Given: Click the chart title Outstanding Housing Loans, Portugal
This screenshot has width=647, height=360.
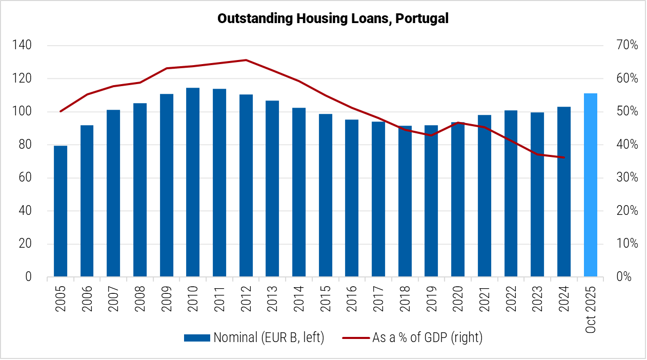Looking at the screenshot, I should [x=333, y=18].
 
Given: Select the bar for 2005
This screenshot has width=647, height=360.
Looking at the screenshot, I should [x=60, y=211].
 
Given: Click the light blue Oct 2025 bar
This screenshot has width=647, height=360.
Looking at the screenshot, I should [x=591, y=185].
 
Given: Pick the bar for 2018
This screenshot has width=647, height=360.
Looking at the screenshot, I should [x=405, y=201].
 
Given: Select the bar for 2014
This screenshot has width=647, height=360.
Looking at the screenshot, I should [x=299, y=192].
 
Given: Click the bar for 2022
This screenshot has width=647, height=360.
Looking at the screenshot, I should [x=511, y=193].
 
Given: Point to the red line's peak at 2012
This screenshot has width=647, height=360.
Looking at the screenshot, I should [x=246, y=60].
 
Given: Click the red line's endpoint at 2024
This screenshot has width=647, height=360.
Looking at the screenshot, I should [x=564, y=157].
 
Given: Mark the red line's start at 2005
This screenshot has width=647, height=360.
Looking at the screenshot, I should [x=60, y=111].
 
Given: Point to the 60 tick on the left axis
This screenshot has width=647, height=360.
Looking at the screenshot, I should [x=24, y=178].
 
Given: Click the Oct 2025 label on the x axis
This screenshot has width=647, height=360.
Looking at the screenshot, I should [x=591, y=307].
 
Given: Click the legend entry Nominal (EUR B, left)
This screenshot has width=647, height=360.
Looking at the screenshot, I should [x=254, y=337].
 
